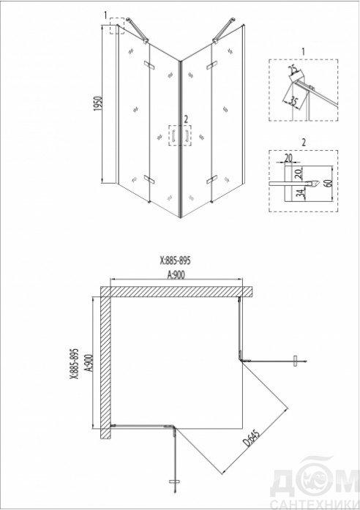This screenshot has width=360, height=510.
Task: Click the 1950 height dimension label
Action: pyautogui.click(x=98, y=103)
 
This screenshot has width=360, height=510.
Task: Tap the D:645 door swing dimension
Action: pyautogui.click(x=253, y=439)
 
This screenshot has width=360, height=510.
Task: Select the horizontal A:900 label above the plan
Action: pyautogui.click(x=176, y=275)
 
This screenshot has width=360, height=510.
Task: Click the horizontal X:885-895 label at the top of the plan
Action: pyautogui.click(x=175, y=260)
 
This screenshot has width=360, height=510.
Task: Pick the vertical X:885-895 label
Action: pyautogui.click(x=75, y=364)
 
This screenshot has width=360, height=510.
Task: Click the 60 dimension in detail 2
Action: pyautogui.click(x=329, y=183)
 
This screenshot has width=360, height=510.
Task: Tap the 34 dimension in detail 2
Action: pyautogui.click(x=301, y=193)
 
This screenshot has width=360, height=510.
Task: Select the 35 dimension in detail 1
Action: pyautogui.click(x=293, y=101)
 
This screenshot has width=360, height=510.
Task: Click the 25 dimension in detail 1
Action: pyautogui.click(x=293, y=70)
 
